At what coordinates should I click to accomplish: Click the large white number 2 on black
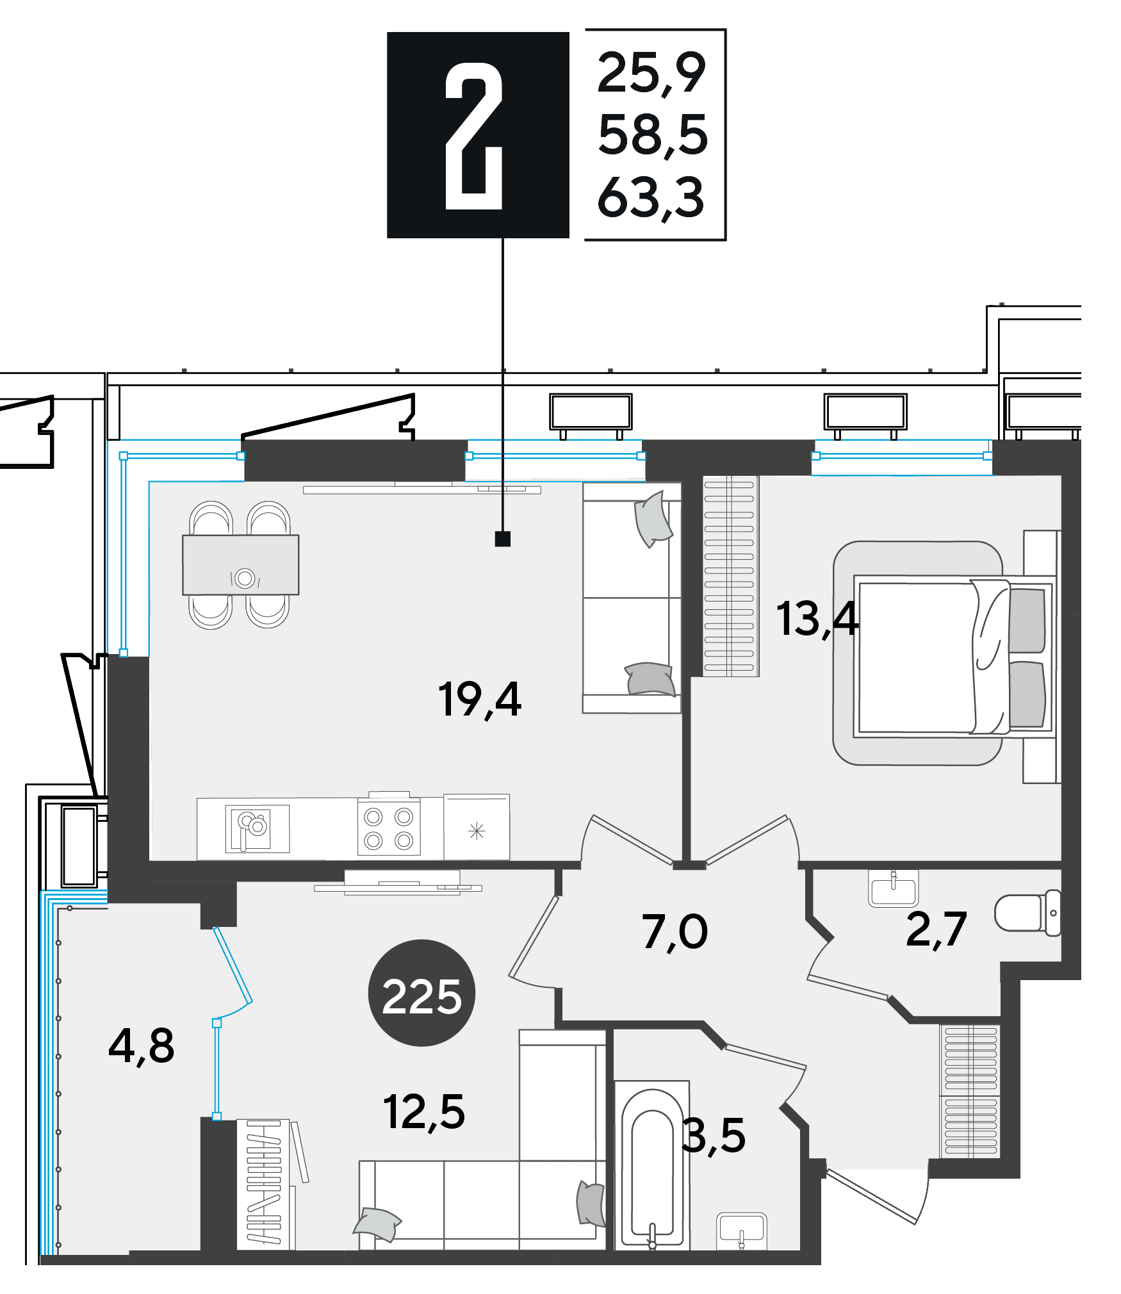coord(474,136)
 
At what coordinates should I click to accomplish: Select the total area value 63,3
coord(651,198)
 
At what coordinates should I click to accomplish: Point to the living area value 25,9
coord(651,73)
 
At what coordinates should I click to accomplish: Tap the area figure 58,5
coord(653,135)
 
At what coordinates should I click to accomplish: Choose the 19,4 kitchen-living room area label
coord(480,700)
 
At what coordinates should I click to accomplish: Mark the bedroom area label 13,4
coord(817,619)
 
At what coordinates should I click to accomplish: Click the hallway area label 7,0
coord(675,932)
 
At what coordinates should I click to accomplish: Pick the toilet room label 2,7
coord(936,930)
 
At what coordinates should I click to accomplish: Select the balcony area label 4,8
coord(142,1045)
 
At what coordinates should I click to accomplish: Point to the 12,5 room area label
coord(424,1111)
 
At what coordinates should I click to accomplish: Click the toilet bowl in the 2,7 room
coord(1027,912)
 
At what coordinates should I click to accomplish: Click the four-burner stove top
coord(389,828)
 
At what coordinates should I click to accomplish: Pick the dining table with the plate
coord(241,565)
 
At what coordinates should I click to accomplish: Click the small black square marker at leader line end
coord(503,539)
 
